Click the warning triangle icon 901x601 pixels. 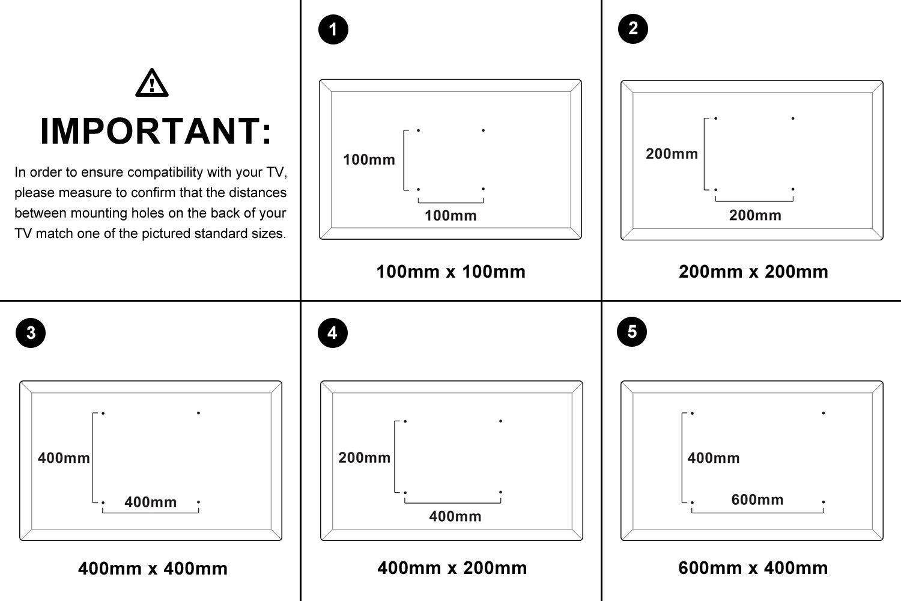click(x=152, y=84)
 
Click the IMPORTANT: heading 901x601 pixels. click(x=155, y=131)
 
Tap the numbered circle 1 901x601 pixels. click(x=333, y=29)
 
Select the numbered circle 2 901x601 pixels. click(x=633, y=28)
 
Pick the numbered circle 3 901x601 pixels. click(x=31, y=333)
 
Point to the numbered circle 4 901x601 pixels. click(x=332, y=333)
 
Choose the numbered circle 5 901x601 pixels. click(x=632, y=332)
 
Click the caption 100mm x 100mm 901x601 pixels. click(x=450, y=272)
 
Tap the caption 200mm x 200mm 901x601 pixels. click(x=753, y=272)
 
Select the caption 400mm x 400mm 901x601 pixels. click(x=153, y=569)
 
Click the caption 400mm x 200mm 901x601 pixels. click(x=452, y=568)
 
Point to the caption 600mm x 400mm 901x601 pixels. click(x=753, y=568)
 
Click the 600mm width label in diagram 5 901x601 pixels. click(x=757, y=500)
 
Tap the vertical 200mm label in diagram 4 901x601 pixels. click(x=364, y=458)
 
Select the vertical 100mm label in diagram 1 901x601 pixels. click(x=369, y=160)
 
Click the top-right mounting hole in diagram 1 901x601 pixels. click(x=483, y=130)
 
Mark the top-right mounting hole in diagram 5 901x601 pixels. click(x=823, y=413)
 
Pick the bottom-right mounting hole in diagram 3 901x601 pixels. click(x=198, y=502)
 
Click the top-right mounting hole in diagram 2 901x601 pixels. click(x=793, y=118)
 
